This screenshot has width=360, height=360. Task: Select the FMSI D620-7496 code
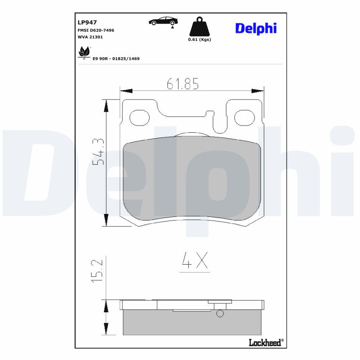tap(96, 30)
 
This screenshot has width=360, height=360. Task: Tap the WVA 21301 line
tap(90, 37)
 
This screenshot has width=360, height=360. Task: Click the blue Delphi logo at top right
tap(256, 28)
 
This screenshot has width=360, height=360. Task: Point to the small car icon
tap(163, 21)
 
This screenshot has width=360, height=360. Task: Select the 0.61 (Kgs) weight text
tap(199, 40)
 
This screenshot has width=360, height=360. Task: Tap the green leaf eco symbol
tap(84, 52)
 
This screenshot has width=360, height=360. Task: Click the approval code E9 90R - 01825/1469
tap(116, 58)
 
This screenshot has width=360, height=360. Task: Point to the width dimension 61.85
tap(182, 84)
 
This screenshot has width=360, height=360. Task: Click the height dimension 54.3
tap(98, 151)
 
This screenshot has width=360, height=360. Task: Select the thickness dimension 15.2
tap(99, 270)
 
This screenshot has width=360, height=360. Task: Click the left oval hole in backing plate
tap(139, 117)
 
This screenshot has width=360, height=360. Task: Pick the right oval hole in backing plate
tap(245, 117)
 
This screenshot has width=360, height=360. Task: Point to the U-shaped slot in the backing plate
tap(220, 122)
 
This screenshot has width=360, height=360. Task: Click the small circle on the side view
tap(220, 314)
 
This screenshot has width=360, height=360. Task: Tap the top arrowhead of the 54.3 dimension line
tap(106, 105)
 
